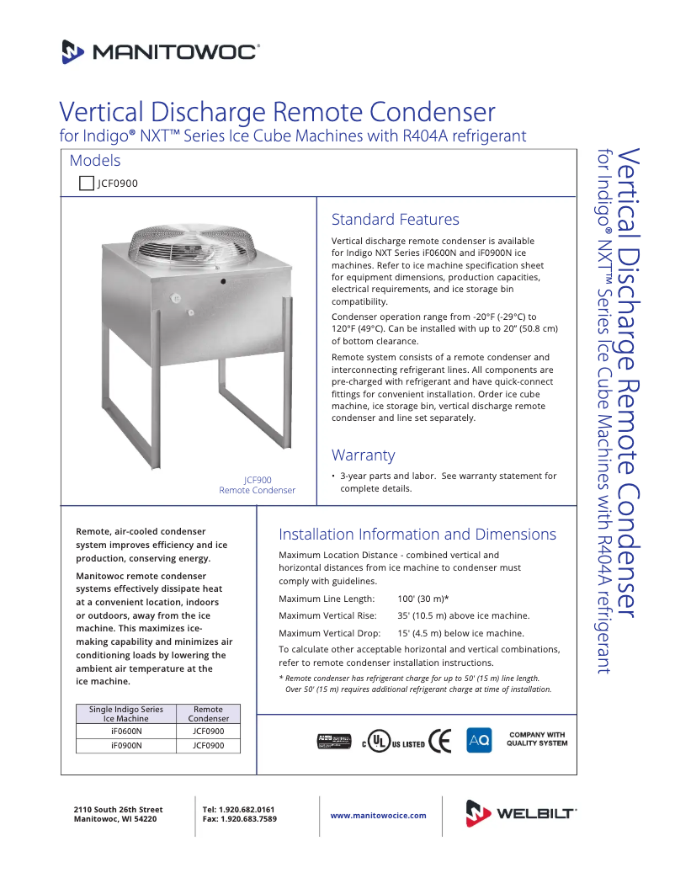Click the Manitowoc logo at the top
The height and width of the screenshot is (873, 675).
(x=160, y=52)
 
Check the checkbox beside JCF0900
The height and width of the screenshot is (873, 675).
(x=86, y=183)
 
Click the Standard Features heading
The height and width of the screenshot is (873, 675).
(x=395, y=220)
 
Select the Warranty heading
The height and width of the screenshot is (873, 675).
(x=363, y=455)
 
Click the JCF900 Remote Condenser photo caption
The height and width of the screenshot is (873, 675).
(x=258, y=485)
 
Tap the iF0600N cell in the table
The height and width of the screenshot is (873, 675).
(x=126, y=732)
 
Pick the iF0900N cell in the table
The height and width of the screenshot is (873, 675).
(x=126, y=745)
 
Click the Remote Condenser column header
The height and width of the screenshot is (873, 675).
(x=209, y=714)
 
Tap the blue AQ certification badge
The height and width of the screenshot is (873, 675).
(x=479, y=740)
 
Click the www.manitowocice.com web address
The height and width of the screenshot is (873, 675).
(x=378, y=815)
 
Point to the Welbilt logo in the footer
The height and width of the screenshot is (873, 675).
(x=521, y=813)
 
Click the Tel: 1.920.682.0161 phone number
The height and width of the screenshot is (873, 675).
(x=239, y=809)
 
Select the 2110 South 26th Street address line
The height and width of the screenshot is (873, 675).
(x=119, y=809)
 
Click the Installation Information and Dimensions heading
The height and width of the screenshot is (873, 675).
(x=417, y=535)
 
